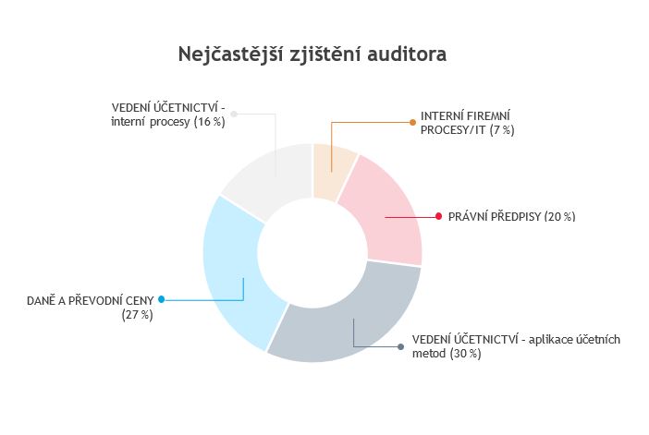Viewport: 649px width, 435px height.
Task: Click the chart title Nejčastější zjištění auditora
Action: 312,54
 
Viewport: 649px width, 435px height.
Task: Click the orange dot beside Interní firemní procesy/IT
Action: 412,123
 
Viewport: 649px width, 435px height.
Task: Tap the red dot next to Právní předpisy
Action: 439,216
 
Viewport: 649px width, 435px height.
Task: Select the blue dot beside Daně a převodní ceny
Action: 162,299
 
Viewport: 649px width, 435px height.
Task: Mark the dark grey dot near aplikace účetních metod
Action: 400,347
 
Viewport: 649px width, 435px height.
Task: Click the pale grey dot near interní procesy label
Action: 234,114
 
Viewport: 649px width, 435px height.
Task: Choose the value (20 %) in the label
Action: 560,217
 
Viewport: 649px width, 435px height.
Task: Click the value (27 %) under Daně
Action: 138,315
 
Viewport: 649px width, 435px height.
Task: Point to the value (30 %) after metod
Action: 466,354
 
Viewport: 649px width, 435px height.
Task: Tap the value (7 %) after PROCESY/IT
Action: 502,130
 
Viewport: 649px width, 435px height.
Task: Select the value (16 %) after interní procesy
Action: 210,122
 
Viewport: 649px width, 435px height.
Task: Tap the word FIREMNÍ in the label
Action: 488,115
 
